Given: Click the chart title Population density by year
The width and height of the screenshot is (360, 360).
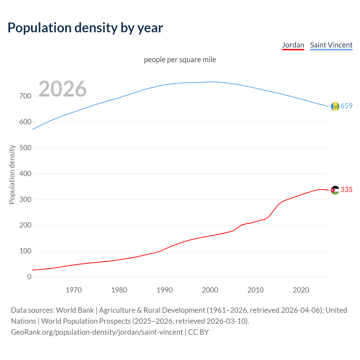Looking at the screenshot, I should pyautogui.click(x=85, y=28).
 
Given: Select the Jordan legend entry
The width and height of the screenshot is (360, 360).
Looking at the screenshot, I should pyautogui.click(x=293, y=45).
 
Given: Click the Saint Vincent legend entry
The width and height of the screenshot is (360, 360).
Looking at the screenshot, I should pyautogui.click(x=331, y=45).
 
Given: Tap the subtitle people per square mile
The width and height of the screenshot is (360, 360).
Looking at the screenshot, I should pyautogui.click(x=180, y=60).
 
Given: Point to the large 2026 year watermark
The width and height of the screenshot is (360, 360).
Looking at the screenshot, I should pyautogui.click(x=62, y=89).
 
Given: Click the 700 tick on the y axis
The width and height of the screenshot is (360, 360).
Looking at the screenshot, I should pyautogui.click(x=25, y=96).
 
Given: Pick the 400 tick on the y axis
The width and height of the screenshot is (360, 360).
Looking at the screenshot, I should pyautogui.click(x=25, y=174).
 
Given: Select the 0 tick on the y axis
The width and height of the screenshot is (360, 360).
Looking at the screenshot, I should pyautogui.click(x=29, y=277).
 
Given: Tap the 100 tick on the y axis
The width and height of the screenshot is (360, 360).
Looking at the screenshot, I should pyautogui.click(x=25, y=251).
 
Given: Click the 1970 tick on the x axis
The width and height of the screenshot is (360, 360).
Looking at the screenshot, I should pyautogui.click(x=74, y=290).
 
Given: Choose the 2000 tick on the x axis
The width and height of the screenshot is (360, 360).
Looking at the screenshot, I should pyautogui.click(x=210, y=290).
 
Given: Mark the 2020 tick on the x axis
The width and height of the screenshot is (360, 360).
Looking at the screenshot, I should pyautogui.click(x=301, y=290).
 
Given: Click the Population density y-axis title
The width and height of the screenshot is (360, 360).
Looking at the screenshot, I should pyautogui.click(x=12, y=174).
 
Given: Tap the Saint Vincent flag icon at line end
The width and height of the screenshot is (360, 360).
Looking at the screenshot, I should pyautogui.click(x=335, y=106).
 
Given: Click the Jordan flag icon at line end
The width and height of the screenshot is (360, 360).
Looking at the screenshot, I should pyautogui.click(x=335, y=190).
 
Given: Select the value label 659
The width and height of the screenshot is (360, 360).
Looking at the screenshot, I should pyautogui.click(x=346, y=106).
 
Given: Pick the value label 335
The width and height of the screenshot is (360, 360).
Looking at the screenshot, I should pyautogui.click(x=346, y=190).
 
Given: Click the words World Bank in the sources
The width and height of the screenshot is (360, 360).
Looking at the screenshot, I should pyautogui.click(x=75, y=310).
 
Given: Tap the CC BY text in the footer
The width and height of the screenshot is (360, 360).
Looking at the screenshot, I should pyautogui.click(x=199, y=332).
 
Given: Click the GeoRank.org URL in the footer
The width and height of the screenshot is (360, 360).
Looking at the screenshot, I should pyautogui.click(x=97, y=332).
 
